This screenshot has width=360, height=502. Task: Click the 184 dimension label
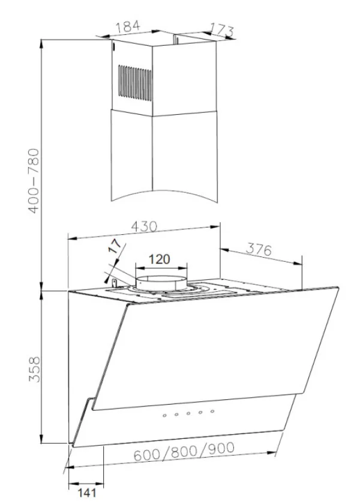click(x=128, y=26)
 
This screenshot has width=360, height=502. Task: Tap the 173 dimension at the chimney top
click(x=222, y=30)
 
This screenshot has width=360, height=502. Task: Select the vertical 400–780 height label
click(x=34, y=181)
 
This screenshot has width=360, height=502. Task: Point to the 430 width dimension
click(x=145, y=226)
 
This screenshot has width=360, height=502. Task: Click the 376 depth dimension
click(x=259, y=249)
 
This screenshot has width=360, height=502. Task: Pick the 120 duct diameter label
click(x=160, y=259)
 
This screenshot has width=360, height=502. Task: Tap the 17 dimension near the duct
click(x=115, y=246)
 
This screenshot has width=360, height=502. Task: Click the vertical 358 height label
click(x=34, y=369)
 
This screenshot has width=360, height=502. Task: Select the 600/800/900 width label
click(x=184, y=452)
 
